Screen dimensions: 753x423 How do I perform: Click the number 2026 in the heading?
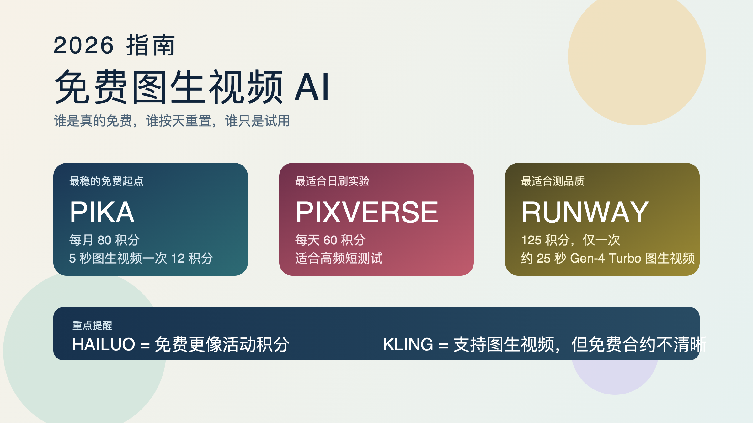[83, 45]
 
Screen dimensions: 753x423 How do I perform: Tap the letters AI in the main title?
[312, 87]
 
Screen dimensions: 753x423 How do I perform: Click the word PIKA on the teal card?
[102, 212]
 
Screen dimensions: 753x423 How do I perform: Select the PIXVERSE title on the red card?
[367, 212]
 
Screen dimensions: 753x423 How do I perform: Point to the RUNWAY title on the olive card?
[585, 212]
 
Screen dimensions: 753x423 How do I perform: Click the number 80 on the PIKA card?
[104, 240]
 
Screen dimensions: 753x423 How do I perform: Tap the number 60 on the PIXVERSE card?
[330, 240]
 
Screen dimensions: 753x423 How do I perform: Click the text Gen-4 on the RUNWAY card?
[587, 258]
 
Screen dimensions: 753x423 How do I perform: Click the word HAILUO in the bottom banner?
[104, 344]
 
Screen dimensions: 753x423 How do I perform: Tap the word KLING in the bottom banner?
[408, 344]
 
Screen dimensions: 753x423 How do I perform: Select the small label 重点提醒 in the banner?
[92, 326]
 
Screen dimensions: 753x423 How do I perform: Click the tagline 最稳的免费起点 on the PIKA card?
[106, 181]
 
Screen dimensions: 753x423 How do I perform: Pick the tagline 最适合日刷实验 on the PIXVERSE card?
[332, 181]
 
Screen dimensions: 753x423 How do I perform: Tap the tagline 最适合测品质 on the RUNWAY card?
[553, 181]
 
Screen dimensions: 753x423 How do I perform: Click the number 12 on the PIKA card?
[178, 258]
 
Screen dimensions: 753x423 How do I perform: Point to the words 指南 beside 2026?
[150, 45]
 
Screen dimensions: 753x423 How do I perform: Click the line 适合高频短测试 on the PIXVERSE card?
[339, 258]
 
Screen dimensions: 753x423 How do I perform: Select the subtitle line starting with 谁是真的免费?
[172, 121]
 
